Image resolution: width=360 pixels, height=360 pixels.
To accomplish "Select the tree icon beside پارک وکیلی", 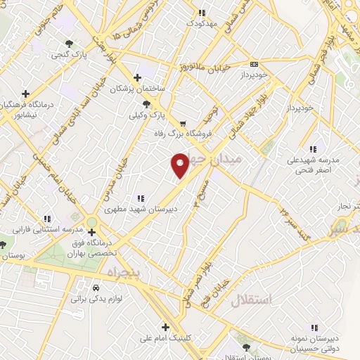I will point(146,103).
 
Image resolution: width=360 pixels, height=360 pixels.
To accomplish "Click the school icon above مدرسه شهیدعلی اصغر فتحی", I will point(313,149).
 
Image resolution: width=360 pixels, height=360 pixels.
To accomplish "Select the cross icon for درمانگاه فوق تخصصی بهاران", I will point(91,231).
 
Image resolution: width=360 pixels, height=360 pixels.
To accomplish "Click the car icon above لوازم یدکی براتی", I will point(96,288).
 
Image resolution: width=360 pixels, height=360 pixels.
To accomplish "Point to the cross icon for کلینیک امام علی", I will point(165,327).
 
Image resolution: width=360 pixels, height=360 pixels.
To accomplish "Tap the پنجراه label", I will point(124,271).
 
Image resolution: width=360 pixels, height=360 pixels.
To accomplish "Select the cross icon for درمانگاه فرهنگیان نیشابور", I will point(25,93).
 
